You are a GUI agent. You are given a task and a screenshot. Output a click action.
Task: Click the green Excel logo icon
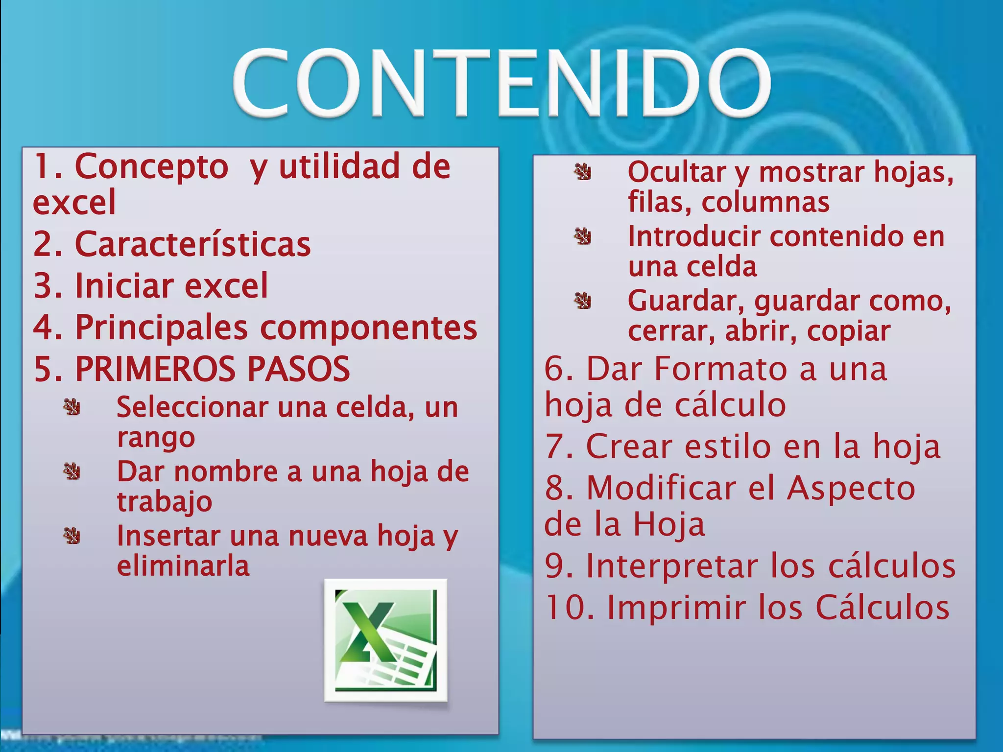[385, 640]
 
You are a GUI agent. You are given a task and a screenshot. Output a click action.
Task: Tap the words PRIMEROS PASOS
[212, 369]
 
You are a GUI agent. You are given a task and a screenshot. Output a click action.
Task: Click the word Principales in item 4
[161, 327]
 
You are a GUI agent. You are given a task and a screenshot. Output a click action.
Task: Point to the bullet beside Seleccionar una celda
[72, 407]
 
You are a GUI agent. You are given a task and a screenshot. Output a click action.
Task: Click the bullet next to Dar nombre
[72, 471]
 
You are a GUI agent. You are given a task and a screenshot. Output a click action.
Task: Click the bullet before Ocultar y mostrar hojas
[583, 172]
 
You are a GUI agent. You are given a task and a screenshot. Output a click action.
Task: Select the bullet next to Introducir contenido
[583, 236]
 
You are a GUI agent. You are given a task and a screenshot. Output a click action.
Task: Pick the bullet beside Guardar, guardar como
[583, 301]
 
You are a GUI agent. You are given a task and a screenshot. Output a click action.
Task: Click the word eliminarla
[183, 566]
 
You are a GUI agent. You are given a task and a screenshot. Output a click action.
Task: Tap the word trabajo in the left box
[165, 502]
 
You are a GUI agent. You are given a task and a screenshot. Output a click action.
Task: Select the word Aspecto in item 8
[851, 488]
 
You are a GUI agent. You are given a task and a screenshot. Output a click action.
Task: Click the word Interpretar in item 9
[672, 566]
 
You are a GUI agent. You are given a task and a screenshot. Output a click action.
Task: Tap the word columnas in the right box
[765, 202]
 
